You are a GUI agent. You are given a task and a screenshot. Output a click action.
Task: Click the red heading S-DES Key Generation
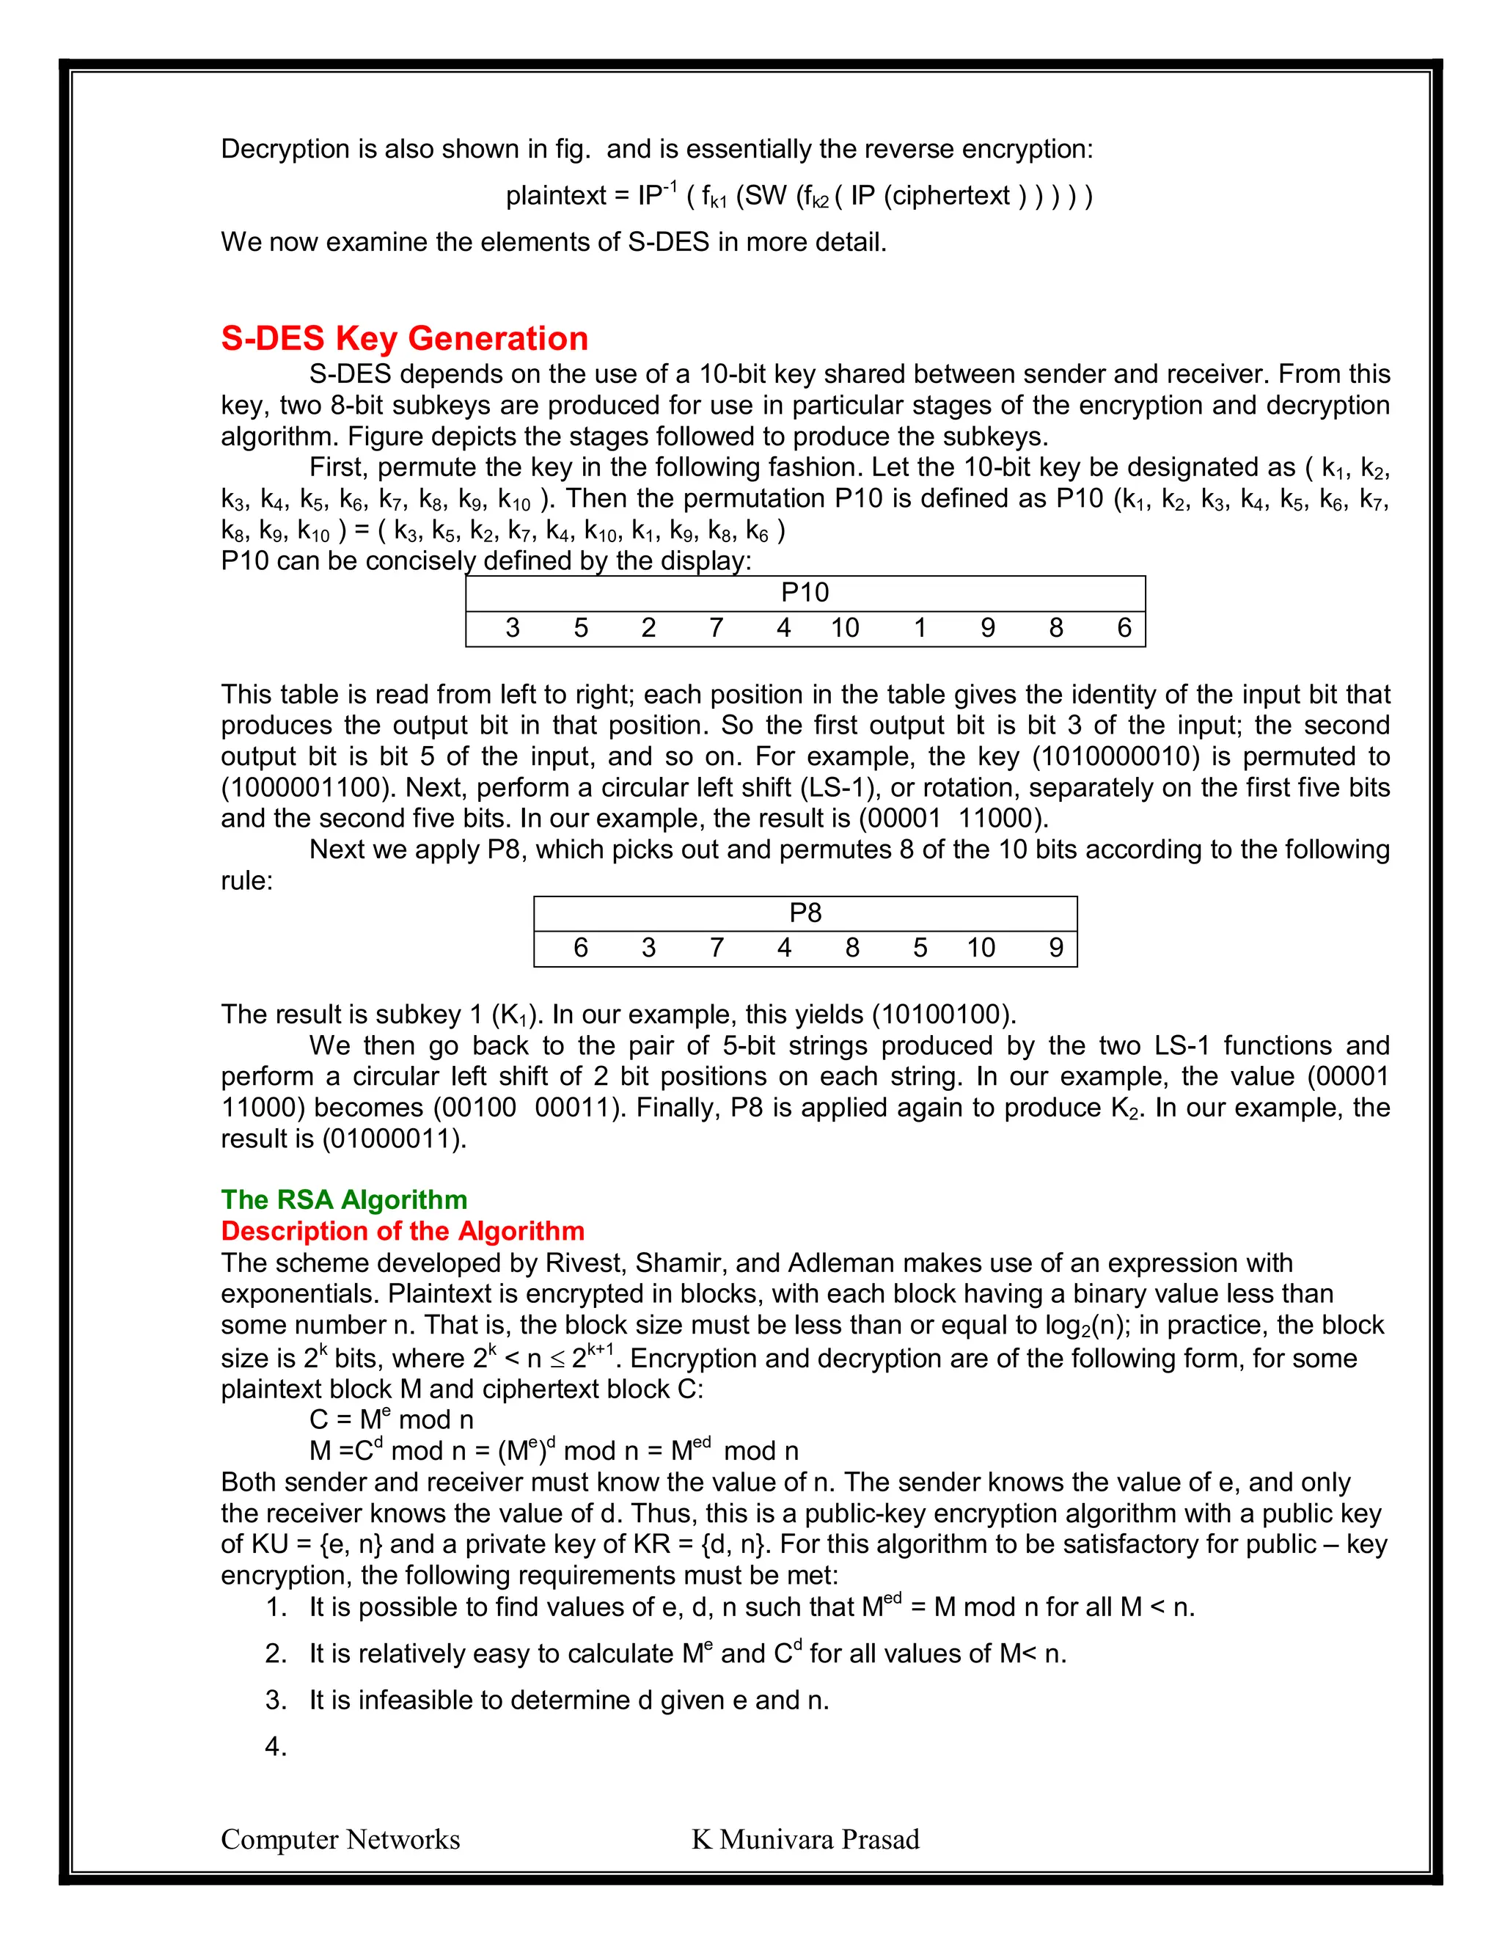tap(404, 339)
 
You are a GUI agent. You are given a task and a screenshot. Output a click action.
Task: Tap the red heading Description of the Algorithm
tap(402, 1231)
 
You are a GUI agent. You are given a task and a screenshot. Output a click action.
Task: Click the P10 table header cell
tap(805, 593)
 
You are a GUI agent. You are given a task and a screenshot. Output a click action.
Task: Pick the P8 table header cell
tap(805, 913)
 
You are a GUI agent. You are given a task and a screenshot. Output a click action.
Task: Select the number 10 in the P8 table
tap(981, 948)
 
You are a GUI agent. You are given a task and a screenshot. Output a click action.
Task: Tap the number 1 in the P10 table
tap(920, 629)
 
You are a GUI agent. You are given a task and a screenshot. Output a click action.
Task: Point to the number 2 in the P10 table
tap(648, 629)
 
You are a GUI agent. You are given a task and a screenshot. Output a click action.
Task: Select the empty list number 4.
tap(276, 1747)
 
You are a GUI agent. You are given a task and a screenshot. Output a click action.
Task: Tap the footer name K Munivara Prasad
tap(805, 1840)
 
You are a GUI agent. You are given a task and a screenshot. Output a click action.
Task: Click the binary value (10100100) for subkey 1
tap(943, 1015)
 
